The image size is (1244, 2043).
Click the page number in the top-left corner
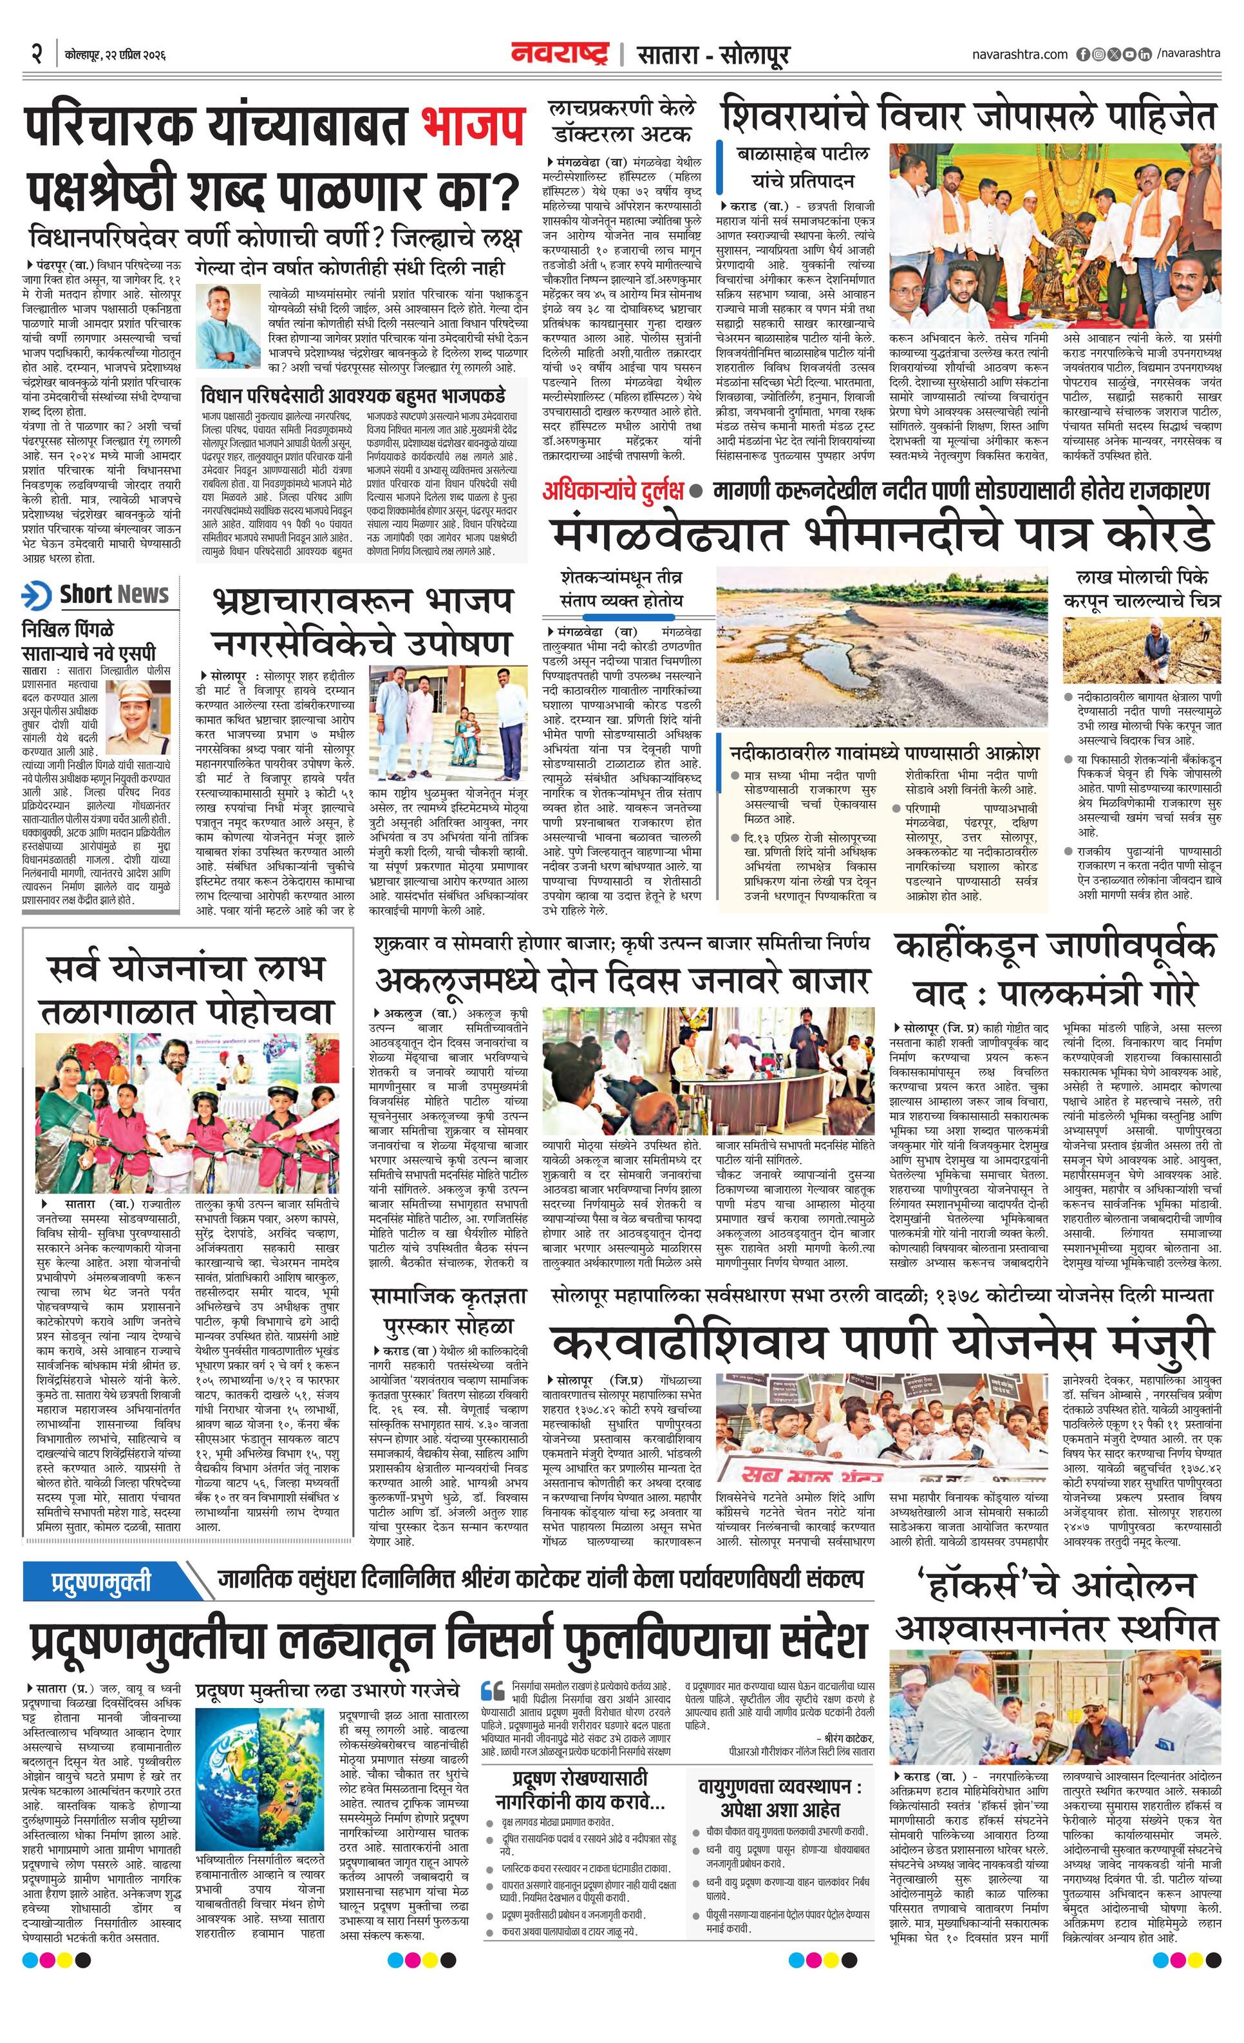click(35, 55)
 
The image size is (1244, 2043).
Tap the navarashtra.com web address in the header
click(1019, 55)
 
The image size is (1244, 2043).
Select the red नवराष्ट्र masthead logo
click(560, 55)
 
